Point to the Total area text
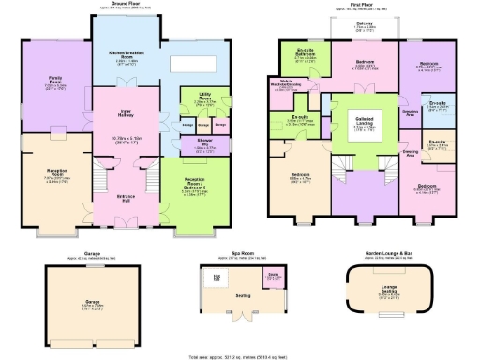(x=240, y=355)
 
